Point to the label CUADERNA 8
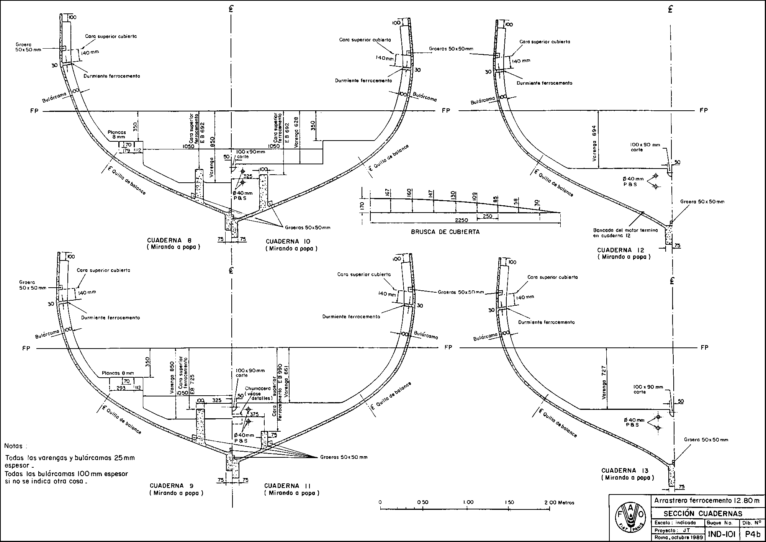pyautogui.click(x=169, y=240)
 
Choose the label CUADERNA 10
pyautogui.click(x=288, y=241)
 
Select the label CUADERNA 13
pyautogui.click(x=625, y=470)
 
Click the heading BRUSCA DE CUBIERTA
pyautogui.click(x=445, y=232)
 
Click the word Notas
pyautogui.click(x=16, y=446)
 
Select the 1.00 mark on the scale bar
pyautogui.click(x=468, y=502)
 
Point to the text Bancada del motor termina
pyautogui.click(x=625, y=231)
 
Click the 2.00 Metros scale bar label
pyautogui.click(x=559, y=502)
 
